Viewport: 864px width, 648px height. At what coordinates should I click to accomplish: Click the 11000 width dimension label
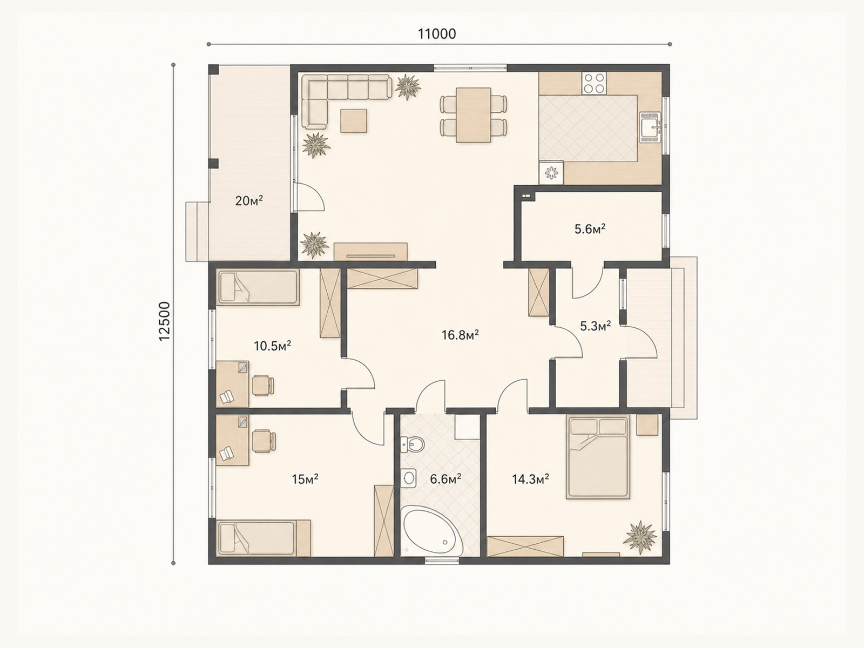click(x=436, y=34)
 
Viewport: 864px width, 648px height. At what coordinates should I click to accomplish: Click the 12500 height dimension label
click(x=164, y=321)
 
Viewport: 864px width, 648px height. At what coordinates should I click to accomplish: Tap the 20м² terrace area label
click(x=249, y=201)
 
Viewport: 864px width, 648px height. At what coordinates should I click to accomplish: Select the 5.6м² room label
click(x=590, y=228)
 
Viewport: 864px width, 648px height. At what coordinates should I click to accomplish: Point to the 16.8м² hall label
click(x=460, y=335)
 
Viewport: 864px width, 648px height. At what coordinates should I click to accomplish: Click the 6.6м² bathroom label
click(x=446, y=479)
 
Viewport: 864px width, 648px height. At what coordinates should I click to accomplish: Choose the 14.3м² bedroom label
click(x=530, y=479)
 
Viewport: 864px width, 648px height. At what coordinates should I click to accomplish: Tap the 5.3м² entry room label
click(x=596, y=326)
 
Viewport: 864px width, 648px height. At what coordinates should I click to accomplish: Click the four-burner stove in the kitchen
click(x=594, y=83)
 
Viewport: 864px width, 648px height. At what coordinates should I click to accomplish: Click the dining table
click(x=473, y=115)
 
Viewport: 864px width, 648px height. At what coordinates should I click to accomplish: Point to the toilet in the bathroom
click(x=412, y=444)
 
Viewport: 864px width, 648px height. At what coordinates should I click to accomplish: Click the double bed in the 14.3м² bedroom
click(x=598, y=457)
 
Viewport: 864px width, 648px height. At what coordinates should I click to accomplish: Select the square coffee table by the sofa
click(x=354, y=121)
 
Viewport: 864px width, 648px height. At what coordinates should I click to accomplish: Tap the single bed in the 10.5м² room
click(x=258, y=288)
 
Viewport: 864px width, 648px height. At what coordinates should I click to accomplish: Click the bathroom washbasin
click(x=409, y=478)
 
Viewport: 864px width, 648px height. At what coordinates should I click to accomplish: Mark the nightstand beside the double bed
click(x=647, y=425)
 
